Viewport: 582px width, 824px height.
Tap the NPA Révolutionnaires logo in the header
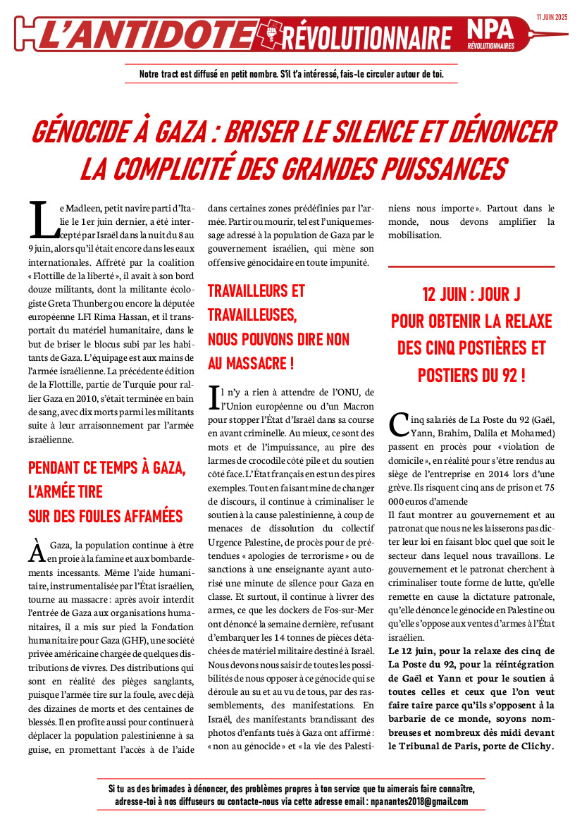click(x=493, y=35)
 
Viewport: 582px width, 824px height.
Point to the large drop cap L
click(x=43, y=219)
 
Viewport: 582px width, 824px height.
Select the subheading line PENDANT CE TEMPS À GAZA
click(x=106, y=467)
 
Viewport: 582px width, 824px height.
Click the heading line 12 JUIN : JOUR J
click(x=471, y=295)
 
